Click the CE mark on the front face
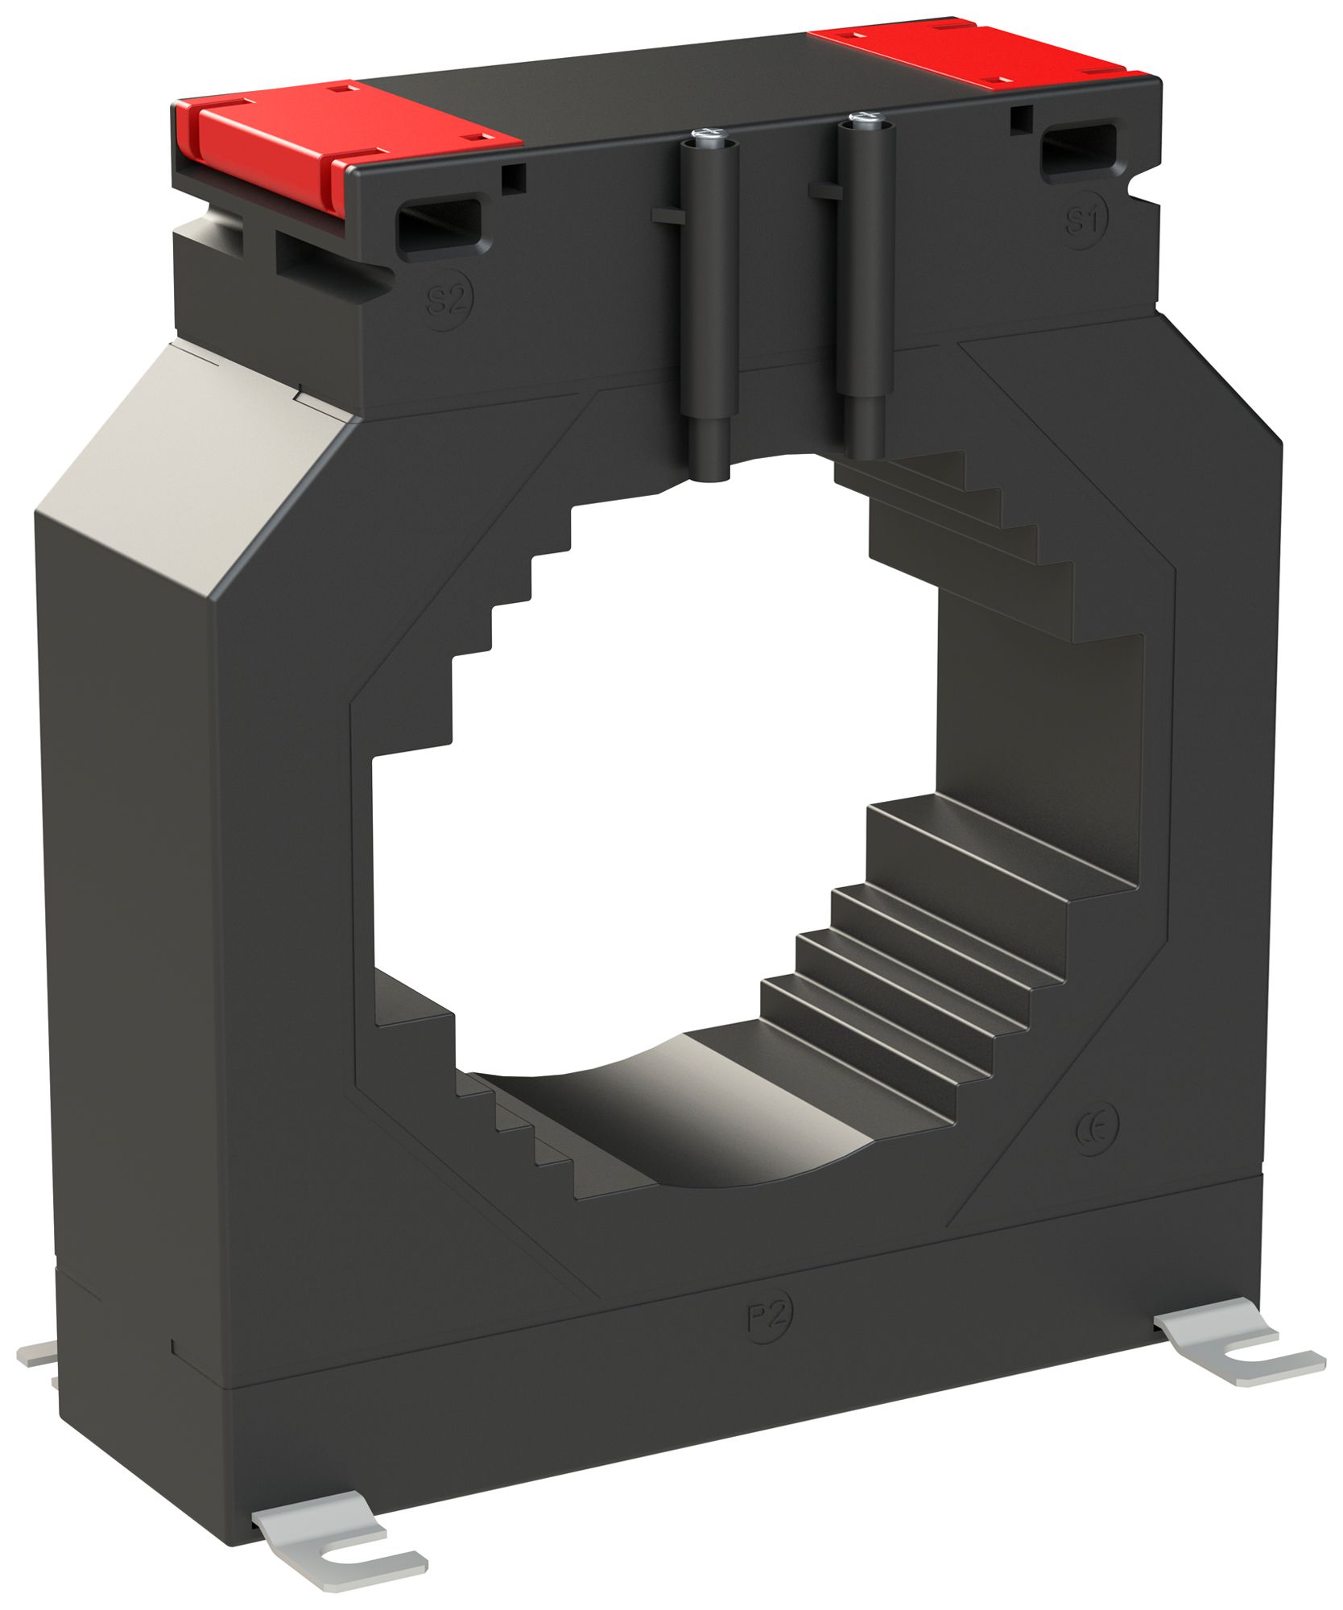point(1095,1133)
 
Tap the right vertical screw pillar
point(866,282)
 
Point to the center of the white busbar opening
point(652,805)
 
